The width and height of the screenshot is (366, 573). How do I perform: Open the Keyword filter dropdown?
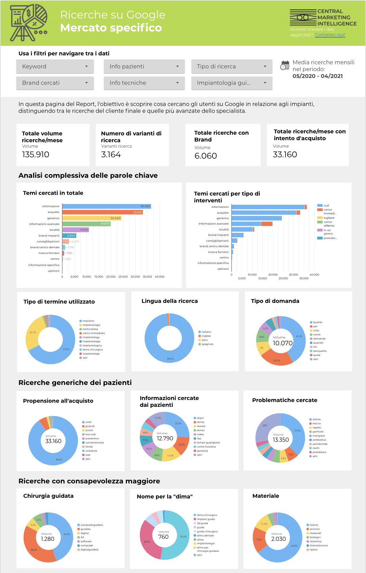tap(55, 66)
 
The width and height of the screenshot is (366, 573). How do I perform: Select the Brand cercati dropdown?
tap(55, 83)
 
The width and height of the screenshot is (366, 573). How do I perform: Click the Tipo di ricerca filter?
tap(232, 66)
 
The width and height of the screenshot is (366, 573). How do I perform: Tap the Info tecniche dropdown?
tap(144, 83)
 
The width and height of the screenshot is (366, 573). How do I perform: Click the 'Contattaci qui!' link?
tap(330, 35)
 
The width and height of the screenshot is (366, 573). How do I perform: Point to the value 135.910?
tap(36, 155)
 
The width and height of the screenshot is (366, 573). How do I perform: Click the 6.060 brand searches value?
tap(206, 156)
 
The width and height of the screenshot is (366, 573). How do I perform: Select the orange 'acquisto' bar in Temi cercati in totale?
tap(102, 212)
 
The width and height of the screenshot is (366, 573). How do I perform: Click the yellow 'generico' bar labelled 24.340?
tap(91, 218)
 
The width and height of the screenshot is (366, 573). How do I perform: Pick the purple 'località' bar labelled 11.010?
tap(75, 230)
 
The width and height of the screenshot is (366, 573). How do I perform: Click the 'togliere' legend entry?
tap(329, 218)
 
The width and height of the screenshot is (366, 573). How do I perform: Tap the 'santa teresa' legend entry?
tap(90, 329)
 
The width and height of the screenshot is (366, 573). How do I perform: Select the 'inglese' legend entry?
tap(206, 336)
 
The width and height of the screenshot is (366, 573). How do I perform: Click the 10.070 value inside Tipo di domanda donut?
tap(283, 343)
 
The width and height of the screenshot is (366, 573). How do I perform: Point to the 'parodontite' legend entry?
tap(320, 444)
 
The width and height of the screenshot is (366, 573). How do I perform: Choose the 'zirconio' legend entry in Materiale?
tap(315, 529)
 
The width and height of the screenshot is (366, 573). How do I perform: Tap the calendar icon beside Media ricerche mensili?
tap(285, 65)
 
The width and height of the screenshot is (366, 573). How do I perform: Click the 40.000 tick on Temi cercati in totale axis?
tap(159, 277)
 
